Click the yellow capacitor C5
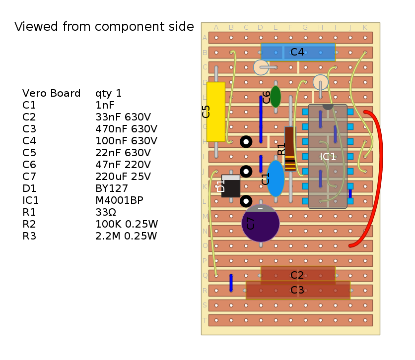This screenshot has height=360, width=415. point(215,112)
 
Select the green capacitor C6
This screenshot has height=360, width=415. point(276,97)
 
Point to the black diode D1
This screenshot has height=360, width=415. point(231,186)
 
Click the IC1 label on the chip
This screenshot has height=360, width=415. point(328,157)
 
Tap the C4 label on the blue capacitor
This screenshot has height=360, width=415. point(297,52)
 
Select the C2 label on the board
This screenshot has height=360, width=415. point(297,275)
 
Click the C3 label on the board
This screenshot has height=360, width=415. point(297,290)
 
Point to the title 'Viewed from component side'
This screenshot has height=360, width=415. point(104,27)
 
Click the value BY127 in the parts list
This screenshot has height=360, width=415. point(111,188)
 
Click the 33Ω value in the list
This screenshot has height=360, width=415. point(105,212)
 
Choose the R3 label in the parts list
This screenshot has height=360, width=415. point(29,236)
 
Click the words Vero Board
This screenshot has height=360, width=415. point(51,93)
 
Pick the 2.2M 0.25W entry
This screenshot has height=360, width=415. point(126,236)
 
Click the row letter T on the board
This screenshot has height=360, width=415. point(205,320)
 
